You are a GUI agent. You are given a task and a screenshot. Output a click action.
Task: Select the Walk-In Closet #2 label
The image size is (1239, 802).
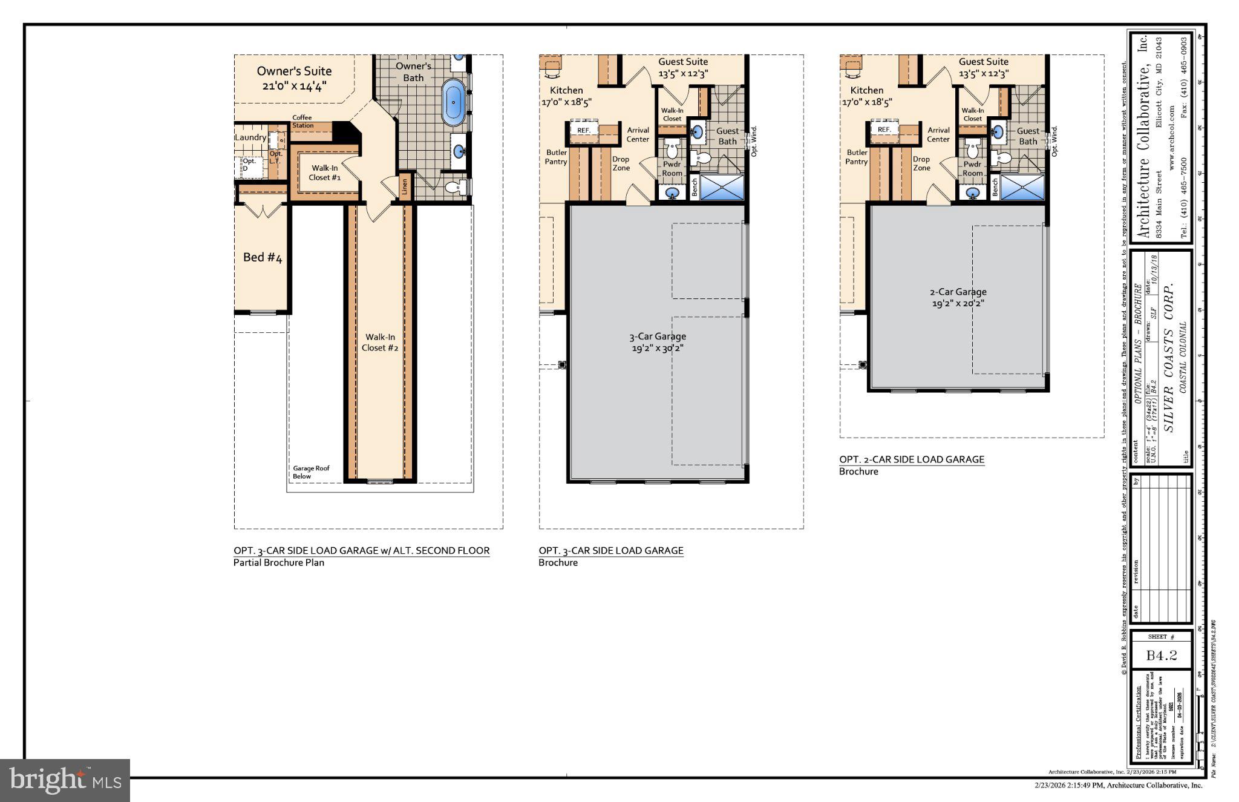tap(380, 342)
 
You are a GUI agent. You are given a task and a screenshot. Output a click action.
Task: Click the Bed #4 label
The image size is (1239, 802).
tap(263, 257)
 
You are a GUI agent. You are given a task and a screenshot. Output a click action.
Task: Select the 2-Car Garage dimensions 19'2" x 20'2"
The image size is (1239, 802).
tap(958, 303)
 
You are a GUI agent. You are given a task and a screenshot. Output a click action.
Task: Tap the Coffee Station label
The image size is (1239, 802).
tap(302, 122)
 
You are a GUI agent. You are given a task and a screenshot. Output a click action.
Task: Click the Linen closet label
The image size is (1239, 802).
tap(405, 187)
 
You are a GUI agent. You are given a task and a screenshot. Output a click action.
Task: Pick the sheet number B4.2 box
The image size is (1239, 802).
tap(1161, 656)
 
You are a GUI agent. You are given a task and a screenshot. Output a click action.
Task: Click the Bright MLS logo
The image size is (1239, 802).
tap(65, 780)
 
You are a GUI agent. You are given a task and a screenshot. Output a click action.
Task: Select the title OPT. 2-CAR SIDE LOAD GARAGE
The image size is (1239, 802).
tap(912, 459)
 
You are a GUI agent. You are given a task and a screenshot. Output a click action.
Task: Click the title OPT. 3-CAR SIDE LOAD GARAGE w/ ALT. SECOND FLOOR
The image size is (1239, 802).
tap(361, 551)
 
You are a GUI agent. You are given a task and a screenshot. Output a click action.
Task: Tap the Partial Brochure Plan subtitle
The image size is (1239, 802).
tap(279, 563)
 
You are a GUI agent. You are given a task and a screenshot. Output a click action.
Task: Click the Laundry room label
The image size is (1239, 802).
tap(250, 137)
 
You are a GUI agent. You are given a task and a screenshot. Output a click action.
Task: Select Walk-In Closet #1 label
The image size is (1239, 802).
tap(325, 173)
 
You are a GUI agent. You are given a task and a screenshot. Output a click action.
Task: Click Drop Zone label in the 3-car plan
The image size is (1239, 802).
tap(621, 163)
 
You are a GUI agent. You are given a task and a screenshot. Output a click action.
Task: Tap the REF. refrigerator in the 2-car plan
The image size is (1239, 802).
tap(884, 130)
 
